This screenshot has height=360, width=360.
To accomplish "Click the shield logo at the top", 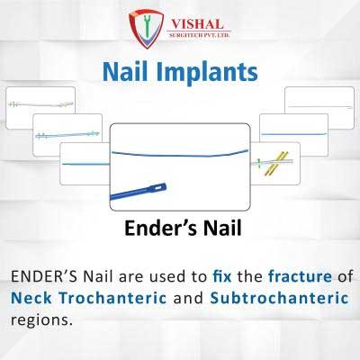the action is pyautogui.click(x=146, y=29).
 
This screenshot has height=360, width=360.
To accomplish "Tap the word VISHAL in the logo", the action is pyautogui.click(x=198, y=24).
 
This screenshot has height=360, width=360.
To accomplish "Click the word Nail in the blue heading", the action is pyautogui.click(x=125, y=72).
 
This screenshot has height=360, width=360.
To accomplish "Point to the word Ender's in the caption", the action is pyautogui.click(x=161, y=228).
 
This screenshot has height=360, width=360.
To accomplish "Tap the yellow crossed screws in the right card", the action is pyautogui.click(x=275, y=164).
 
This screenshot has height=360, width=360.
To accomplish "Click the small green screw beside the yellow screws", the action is pyautogui.click(x=258, y=163).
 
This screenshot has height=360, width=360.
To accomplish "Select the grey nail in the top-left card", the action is pyautogui.click(x=40, y=104).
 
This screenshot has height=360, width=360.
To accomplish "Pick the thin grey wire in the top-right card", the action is pyautogui.click(x=319, y=107).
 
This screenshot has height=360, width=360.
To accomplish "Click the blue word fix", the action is pyautogui.click(x=222, y=276).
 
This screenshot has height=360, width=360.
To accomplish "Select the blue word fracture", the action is pyautogui.click(x=300, y=276).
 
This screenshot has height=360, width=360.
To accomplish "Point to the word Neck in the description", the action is pyautogui.click(x=31, y=298).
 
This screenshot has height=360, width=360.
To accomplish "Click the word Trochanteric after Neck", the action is pyautogui.click(x=112, y=298).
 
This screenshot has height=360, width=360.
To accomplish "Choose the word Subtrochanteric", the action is pyautogui.click(x=279, y=298).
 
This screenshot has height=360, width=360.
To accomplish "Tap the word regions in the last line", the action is pyautogui.click(x=41, y=320).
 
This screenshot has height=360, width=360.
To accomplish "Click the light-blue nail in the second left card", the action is pyautogui.click(x=67, y=135).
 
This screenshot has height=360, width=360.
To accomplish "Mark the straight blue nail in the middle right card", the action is pyautogui.click(x=294, y=134).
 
